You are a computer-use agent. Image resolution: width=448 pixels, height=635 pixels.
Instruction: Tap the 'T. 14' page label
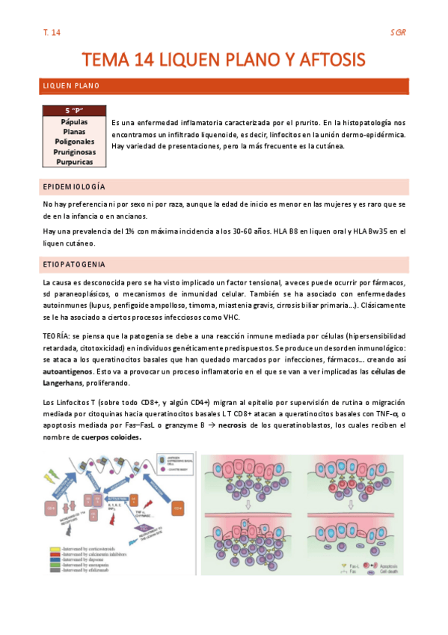point(52,33)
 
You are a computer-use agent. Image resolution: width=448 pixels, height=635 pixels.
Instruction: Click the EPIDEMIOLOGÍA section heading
point(74,186)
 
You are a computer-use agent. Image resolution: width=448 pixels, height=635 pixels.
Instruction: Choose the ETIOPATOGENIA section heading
point(74,265)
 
